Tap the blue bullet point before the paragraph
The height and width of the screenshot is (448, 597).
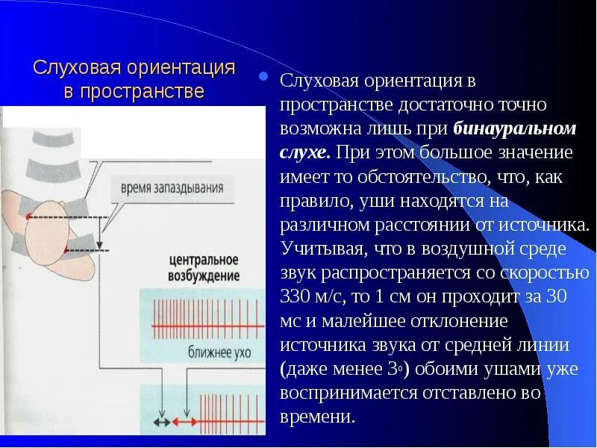pos(262,76)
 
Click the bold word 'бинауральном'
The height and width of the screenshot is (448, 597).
pos(515,128)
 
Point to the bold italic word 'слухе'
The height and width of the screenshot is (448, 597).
pos(304,153)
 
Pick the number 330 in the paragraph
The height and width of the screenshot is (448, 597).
pos(298,297)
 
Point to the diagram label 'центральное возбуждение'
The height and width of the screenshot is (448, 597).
pos(203,268)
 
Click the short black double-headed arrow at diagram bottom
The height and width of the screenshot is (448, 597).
pos(160,423)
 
